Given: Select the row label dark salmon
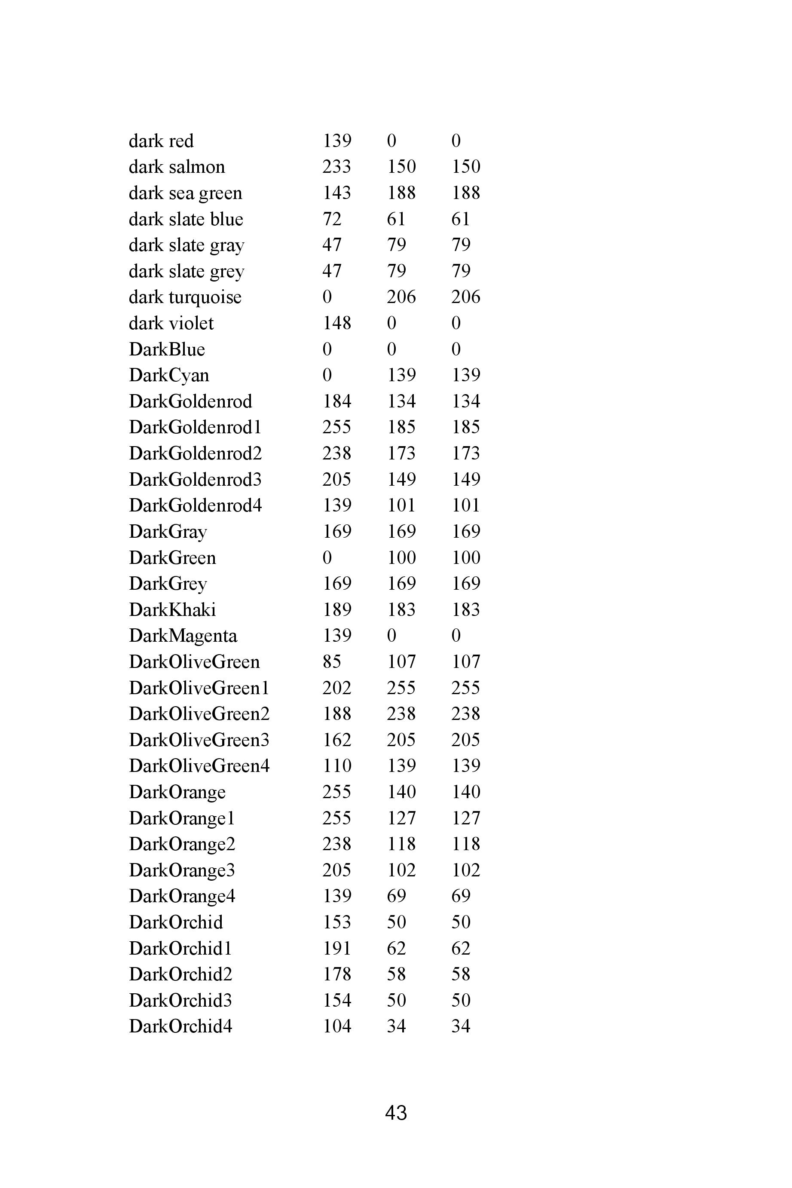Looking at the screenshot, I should pos(177,167).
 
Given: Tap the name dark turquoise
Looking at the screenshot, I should pos(185,297).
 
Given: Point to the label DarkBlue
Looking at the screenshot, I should pos(167,349).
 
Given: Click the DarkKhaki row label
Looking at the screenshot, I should pos(172,609).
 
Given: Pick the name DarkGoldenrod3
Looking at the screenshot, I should pos(195,479).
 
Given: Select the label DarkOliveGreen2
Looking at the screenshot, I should pos(199,714).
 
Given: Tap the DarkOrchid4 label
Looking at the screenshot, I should pos(180,1026).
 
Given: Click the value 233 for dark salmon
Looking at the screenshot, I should pos(336,167).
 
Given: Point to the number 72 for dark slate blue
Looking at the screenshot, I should pos(332,219).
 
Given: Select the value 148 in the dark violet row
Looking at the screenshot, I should pos(336,323).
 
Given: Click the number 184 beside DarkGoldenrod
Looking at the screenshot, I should pos(336,401).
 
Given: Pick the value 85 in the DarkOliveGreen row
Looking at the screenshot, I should pos(332,661).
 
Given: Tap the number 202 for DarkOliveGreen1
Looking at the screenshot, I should pos(336,688).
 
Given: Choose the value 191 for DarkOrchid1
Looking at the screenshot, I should pos(336,948).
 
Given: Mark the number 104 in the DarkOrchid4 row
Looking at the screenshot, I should pos(336,1026).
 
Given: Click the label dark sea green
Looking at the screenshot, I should pos(185,193).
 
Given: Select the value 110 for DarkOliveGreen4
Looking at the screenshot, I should pos(336,766).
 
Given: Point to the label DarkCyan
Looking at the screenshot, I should pos(169,375).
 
